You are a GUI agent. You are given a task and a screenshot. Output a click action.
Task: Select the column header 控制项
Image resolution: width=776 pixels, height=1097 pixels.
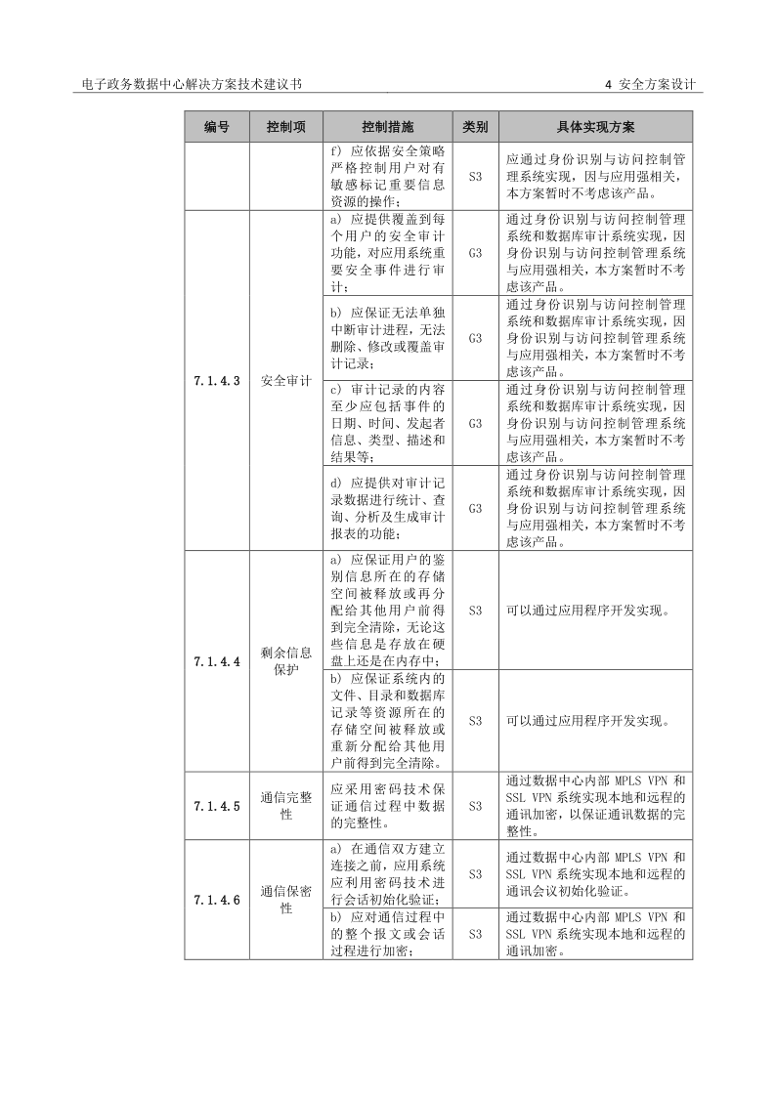coord(285,128)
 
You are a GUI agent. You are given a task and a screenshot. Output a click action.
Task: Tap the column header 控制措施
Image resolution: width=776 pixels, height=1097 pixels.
coord(387,128)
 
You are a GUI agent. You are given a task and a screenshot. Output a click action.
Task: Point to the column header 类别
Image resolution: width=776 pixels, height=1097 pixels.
coord(475,128)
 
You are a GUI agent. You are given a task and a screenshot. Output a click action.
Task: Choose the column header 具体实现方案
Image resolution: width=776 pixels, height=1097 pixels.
coord(595,128)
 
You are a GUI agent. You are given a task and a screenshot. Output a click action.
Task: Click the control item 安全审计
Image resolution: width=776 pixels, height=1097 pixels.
coord(285,381)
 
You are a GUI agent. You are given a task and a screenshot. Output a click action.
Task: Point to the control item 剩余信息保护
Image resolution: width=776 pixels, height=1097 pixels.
coord(285,661)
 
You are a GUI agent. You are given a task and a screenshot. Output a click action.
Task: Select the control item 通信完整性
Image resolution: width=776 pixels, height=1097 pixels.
coord(285,806)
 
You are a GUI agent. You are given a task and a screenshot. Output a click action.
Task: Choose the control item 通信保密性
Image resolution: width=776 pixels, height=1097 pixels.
coord(285,900)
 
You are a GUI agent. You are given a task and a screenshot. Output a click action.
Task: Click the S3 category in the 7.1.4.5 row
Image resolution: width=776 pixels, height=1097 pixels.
coord(475,806)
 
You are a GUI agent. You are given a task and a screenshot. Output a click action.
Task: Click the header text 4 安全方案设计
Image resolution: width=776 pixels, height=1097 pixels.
coord(649,85)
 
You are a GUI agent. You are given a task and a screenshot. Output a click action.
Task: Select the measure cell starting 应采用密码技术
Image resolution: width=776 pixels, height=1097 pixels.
coord(387,806)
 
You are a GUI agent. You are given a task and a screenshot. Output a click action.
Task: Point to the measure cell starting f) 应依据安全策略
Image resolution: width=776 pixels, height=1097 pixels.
coord(387,177)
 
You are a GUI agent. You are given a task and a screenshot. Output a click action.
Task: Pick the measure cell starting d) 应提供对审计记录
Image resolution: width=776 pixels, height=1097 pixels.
coord(387,508)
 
